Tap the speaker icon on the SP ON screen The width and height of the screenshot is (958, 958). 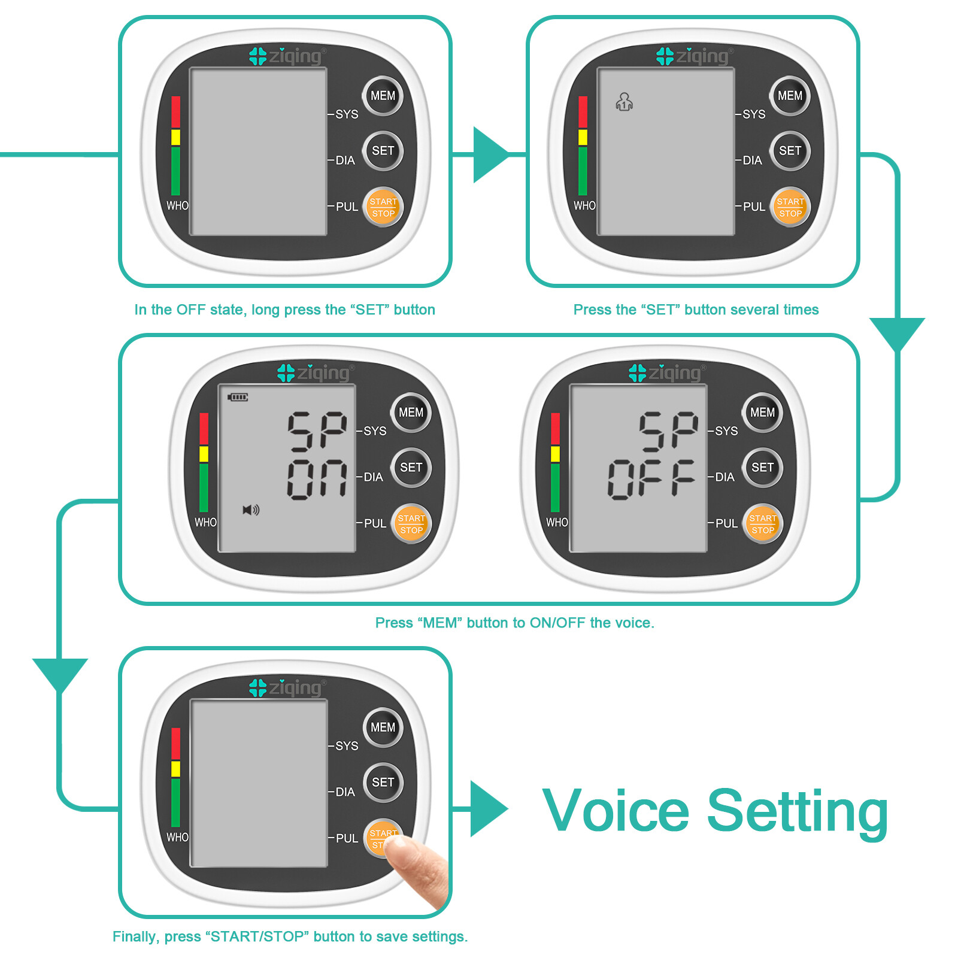tap(251, 510)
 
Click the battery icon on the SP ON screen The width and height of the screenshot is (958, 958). tap(238, 397)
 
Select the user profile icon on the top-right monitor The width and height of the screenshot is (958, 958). tap(624, 102)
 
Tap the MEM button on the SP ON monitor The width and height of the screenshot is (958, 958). tap(411, 413)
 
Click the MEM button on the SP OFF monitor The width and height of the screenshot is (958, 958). tap(762, 413)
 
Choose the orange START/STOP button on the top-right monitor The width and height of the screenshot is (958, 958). tap(790, 207)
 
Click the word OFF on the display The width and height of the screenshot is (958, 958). tap(651, 479)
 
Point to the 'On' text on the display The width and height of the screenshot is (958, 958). tap(317, 479)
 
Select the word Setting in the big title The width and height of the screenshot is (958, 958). tap(798, 811)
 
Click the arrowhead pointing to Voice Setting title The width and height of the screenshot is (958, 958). tap(487, 809)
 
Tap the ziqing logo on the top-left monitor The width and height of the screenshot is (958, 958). tap(286, 56)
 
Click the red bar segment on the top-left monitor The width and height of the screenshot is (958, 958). tap(175, 112)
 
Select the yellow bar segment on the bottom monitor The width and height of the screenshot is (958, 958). tap(175, 769)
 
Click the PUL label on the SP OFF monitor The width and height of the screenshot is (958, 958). tap(726, 523)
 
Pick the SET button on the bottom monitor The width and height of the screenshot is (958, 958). tap(383, 783)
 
